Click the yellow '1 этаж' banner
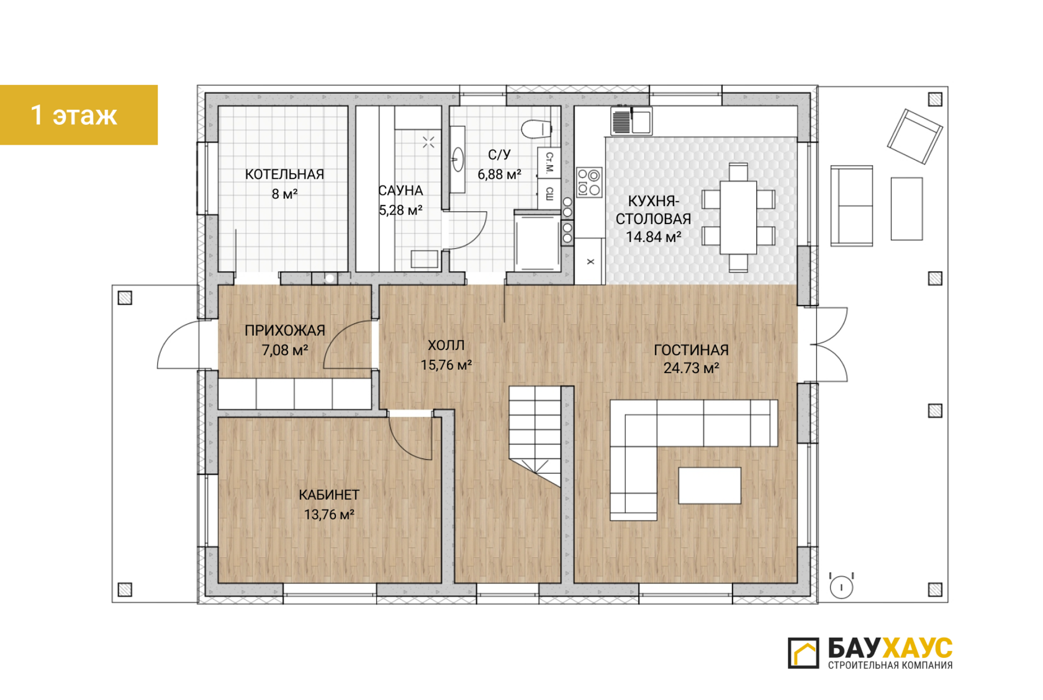[x=79, y=114]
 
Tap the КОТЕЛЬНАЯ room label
[x=284, y=174]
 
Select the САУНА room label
[x=400, y=191]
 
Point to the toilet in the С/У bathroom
[x=536, y=129]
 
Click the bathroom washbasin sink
[x=458, y=159]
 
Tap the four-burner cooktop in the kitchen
[x=589, y=182]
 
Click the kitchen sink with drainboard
[x=631, y=120]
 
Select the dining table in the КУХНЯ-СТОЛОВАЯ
[x=738, y=217]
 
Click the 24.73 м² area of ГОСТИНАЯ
[x=691, y=368]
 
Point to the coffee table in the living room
[x=710, y=485]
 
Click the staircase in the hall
[x=535, y=436]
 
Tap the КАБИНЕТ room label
[x=329, y=495]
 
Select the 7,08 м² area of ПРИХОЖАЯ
[x=284, y=350]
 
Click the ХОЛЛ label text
[x=446, y=345]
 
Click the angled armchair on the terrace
[x=914, y=137]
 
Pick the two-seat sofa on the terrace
[x=852, y=205]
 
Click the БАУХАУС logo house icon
[x=803, y=653]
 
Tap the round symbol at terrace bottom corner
[x=841, y=587]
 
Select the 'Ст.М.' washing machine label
[x=549, y=163]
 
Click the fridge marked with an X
[x=590, y=262]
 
